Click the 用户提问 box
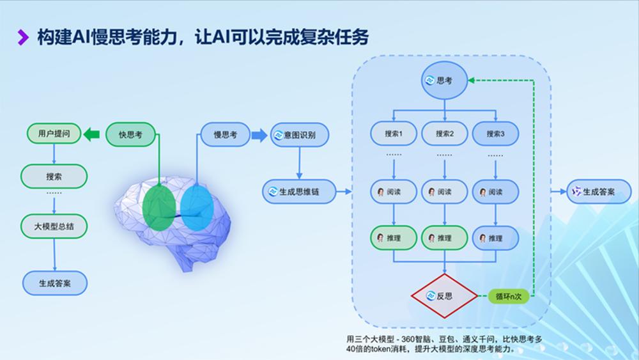pyautogui.click(x=54, y=134)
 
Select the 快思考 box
pyautogui.click(x=130, y=134)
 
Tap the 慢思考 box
pyautogui.click(x=224, y=134)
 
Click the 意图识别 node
pyautogui.click(x=299, y=135)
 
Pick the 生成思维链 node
pyautogui.click(x=299, y=191)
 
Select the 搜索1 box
pyautogui.click(x=394, y=134)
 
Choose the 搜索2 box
pyautogui.click(x=444, y=134)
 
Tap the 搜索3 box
pyautogui.click(x=495, y=134)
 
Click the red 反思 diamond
pyautogui.click(x=444, y=297)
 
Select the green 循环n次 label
pyautogui.click(x=509, y=297)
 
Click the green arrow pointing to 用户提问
pyautogui.click(x=92, y=134)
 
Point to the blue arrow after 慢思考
pyautogui.click(x=258, y=135)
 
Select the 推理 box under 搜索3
pyautogui.click(x=495, y=239)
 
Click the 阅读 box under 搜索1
pyautogui.click(x=394, y=192)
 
